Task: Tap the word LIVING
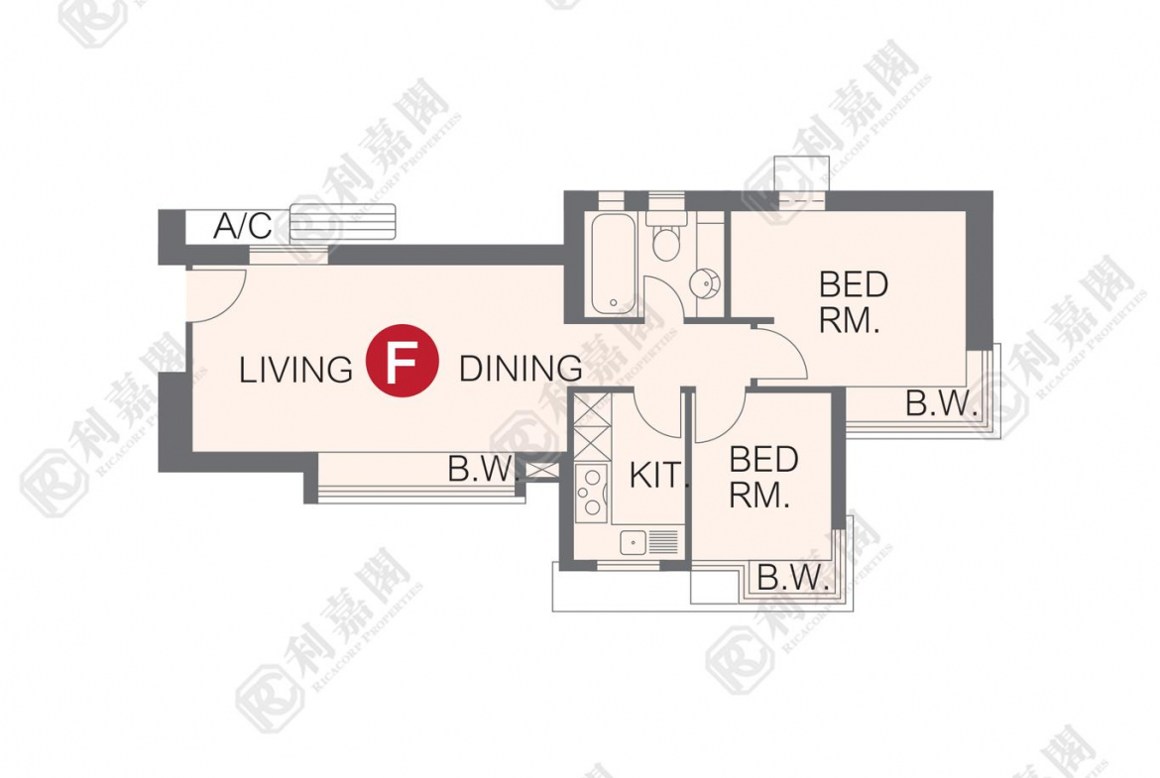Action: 295,370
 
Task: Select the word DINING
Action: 521,369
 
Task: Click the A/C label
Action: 243,226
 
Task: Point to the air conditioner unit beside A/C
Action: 342,223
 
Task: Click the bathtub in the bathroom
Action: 614,264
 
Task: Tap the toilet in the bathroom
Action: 666,237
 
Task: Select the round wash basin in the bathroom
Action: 704,282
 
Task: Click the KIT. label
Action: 659,476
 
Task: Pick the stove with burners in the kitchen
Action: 591,493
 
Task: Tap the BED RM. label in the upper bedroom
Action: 853,302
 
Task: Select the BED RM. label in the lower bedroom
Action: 762,477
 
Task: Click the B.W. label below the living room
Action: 481,469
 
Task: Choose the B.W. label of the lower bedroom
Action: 792,577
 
